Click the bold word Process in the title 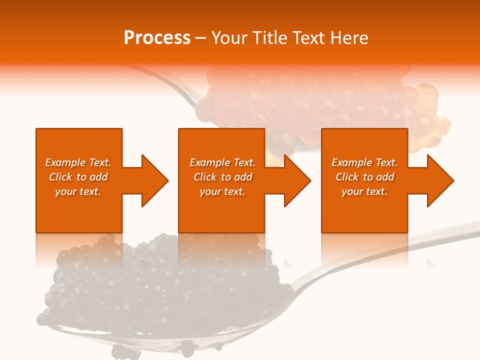click(x=157, y=38)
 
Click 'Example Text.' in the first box click(x=78, y=162)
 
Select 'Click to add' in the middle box click(x=222, y=177)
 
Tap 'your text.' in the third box click(x=364, y=191)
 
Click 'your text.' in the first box click(x=78, y=191)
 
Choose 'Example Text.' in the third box click(x=364, y=162)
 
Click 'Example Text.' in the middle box click(x=222, y=162)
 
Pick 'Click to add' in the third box click(x=364, y=177)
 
